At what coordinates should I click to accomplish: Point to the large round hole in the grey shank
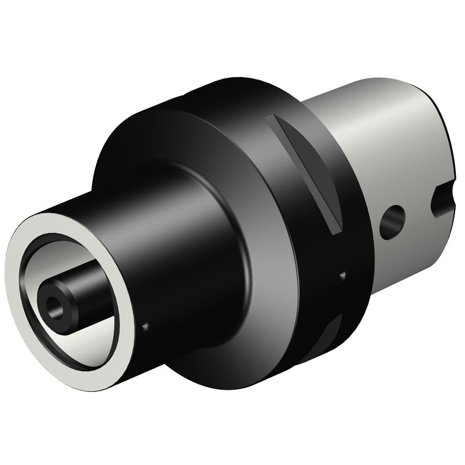391,222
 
